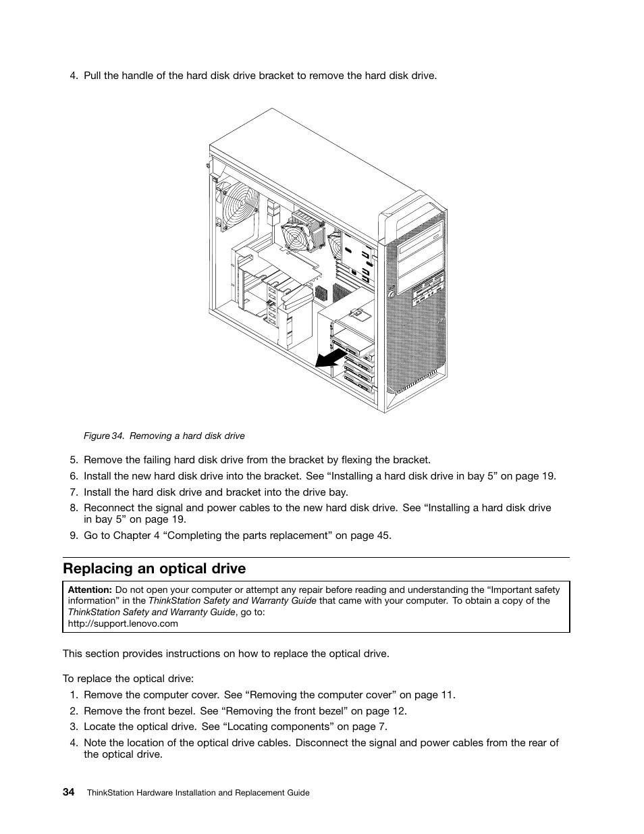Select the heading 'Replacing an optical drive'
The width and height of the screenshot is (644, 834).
tap(154, 568)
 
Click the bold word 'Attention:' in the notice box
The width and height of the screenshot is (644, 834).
tap(90, 590)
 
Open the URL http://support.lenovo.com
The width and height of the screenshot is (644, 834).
tap(123, 623)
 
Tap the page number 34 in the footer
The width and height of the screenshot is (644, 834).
tap(69, 792)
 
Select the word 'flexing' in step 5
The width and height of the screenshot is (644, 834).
tap(354, 460)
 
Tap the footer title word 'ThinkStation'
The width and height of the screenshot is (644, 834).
tap(112, 793)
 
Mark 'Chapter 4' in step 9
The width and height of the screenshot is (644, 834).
tap(132, 536)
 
